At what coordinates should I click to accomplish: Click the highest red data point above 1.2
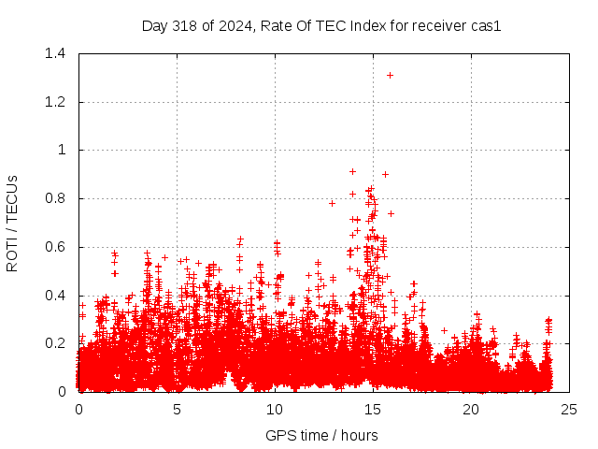pyautogui.click(x=390, y=75)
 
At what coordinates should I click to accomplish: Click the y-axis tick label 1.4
pyautogui.click(x=56, y=53)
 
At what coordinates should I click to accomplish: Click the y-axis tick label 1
pyautogui.click(x=62, y=150)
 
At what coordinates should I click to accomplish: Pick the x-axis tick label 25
pyautogui.click(x=568, y=410)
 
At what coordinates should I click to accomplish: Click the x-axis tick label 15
pyautogui.click(x=373, y=410)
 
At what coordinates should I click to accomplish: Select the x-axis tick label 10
pyautogui.click(x=275, y=410)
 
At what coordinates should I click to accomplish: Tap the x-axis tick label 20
pyautogui.click(x=471, y=410)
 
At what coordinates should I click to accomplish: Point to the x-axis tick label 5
pyautogui.click(x=177, y=410)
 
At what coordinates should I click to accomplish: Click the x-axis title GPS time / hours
pyautogui.click(x=321, y=435)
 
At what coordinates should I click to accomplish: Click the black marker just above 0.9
pyautogui.click(x=352, y=171)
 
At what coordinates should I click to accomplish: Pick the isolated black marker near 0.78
pyautogui.click(x=332, y=203)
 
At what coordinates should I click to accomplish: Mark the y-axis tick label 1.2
pyautogui.click(x=56, y=102)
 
